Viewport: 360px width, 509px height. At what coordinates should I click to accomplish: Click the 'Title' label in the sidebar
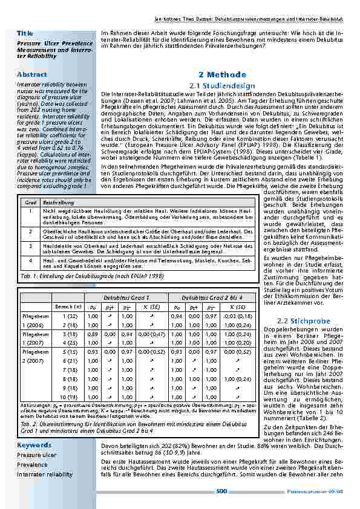coord(25,32)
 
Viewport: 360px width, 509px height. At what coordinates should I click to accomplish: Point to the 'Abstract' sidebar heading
coord(33,74)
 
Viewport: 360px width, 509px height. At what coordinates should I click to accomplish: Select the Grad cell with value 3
coord(30,247)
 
